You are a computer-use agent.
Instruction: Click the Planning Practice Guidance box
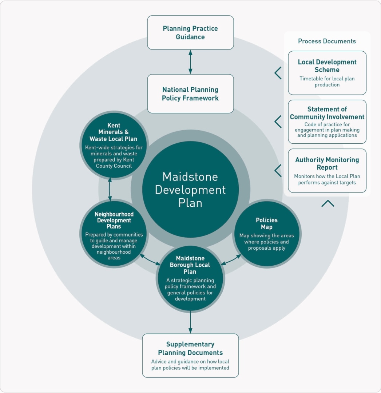(x=190, y=33)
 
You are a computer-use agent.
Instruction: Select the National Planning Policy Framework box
(x=190, y=94)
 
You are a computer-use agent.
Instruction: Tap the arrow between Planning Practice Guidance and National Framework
(x=190, y=62)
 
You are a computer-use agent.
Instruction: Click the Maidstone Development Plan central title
(x=190, y=190)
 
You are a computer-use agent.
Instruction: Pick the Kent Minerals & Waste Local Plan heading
(x=114, y=132)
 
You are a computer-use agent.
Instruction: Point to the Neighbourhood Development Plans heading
(x=114, y=220)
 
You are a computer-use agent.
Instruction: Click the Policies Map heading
(x=266, y=223)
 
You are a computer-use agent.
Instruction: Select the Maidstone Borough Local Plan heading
(x=190, y=265)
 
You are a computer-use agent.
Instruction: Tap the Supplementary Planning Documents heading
(x=190, y=348)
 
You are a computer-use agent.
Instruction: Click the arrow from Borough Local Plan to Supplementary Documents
(x=190, y=322)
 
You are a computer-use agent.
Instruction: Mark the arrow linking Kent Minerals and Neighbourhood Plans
(x=110, y=189)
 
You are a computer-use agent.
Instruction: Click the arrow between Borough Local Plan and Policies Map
(x=231, y=259)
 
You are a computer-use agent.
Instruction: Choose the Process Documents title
(x=327, y=41)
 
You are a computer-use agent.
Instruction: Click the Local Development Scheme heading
(x=327, y=66)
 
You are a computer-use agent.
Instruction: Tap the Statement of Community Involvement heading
(x=327, y=113)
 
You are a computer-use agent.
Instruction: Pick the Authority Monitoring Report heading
(x=327, y=163)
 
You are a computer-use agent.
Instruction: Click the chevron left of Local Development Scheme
(x=278, y=73)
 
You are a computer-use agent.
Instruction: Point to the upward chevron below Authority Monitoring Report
(x=328, y=203)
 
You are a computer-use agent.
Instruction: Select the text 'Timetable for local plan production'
(x=327, y=82)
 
